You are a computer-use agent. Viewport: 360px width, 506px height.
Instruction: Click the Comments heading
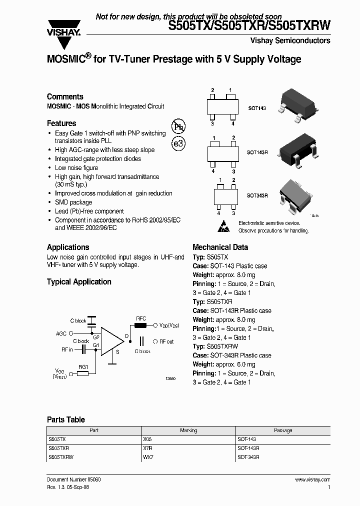click(65, 97)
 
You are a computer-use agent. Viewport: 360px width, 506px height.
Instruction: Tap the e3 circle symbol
click(178, 143)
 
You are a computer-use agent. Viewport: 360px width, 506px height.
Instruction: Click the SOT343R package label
click(258, 195)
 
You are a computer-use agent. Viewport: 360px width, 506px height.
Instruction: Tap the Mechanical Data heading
click(220, 247)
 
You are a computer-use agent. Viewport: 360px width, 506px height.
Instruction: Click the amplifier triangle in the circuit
click(111, 341)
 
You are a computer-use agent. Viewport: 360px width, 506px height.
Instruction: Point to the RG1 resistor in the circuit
click(83, 372)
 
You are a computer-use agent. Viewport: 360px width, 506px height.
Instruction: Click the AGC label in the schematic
click(61, 333)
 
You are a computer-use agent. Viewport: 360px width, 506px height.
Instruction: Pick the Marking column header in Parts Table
click(188, 430)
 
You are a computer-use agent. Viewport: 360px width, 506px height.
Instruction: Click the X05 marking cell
click(147, 438)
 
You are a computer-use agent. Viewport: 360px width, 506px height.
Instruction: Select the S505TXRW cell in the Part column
click(60, 457)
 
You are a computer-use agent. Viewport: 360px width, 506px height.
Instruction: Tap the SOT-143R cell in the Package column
click(248, 448)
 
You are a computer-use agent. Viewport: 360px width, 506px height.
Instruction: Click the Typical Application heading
click(79, 282)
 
